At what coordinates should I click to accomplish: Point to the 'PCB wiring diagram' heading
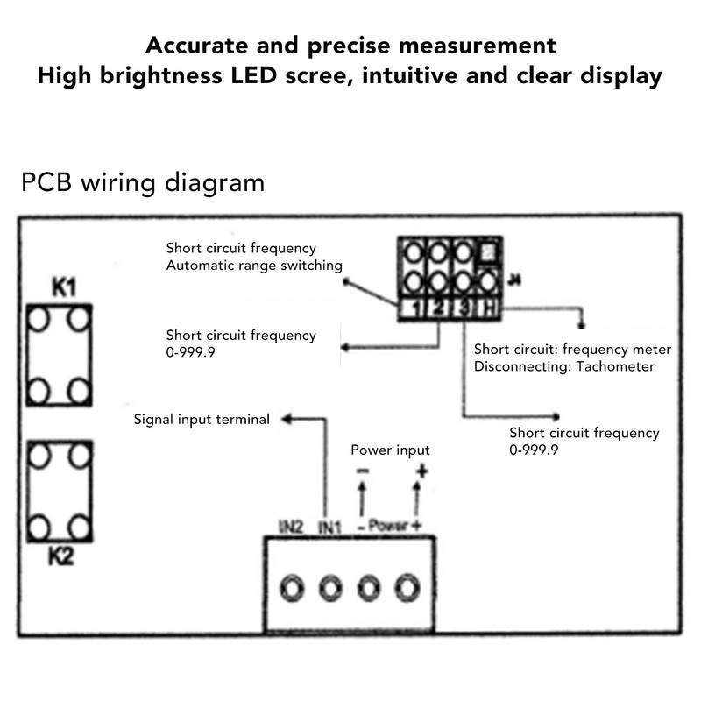pyautogui.click(x=141, y=183)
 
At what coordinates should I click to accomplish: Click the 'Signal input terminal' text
pyautogui.click(x=202, y=420)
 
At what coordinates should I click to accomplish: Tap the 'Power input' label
pyautogui.click(x=390, y=450)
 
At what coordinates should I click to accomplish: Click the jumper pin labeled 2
pyautogui.click(x=439, y=308)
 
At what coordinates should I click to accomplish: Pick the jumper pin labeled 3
pyautogui.click(x=464, y=308)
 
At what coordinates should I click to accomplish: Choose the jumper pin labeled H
pyautogui.click(x=489, y=308)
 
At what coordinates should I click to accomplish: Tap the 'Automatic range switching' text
pyautogui.click(x=254, y=265)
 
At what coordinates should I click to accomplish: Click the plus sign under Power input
pyautogui.click(x=421, y=471)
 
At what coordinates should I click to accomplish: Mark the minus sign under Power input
pyautogui.click(x=362, y=471)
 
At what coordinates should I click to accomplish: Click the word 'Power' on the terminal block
pyautogui.click(x=388, y=526)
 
